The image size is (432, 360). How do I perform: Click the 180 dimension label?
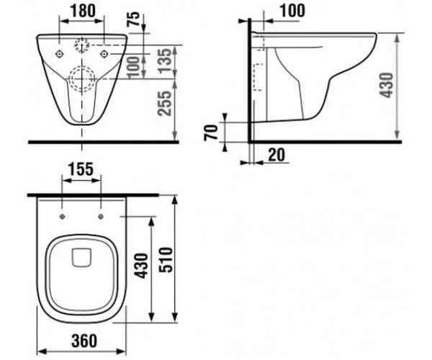click(83, 11)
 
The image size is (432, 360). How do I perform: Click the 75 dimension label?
click(134, 19)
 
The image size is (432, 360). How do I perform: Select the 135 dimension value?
click(166, 61)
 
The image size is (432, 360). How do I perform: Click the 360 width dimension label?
click(84, 341)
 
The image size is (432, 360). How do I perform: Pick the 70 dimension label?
click(211, 132)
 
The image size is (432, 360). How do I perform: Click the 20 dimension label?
click(276, 155)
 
